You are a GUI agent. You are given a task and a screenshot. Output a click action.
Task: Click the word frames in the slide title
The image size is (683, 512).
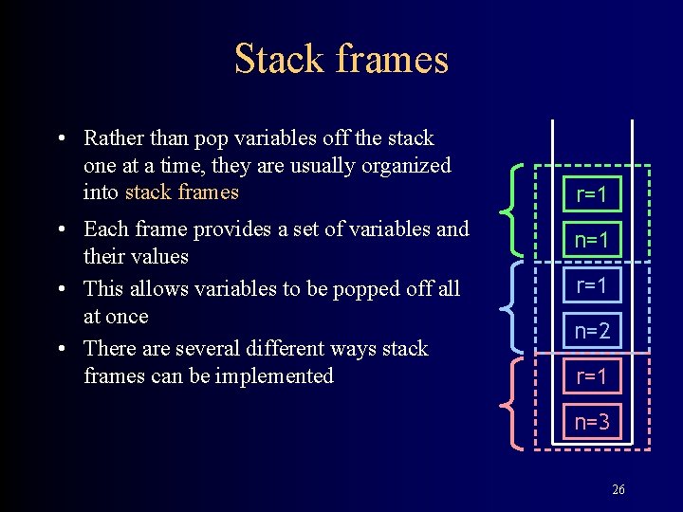click(x=391, y=59)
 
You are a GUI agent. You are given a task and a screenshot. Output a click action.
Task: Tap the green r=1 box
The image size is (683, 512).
click(x=591, y=195)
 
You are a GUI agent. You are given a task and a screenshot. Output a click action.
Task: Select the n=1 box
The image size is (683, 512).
click(x=591, y=240)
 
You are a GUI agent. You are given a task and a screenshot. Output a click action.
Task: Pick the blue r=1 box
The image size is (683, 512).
click(x=591, y=285)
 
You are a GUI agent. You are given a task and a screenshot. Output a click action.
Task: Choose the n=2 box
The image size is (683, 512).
click(x=591, y=331)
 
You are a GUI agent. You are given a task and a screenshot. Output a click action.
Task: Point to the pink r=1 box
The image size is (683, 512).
click(x=591, y=376)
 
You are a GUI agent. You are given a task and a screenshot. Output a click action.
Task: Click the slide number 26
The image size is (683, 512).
click(x=618, y=490)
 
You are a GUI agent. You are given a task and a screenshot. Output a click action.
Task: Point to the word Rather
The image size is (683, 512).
click(x=111, y=138)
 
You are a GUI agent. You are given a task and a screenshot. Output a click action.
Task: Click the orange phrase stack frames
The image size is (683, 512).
click(x=181, y=192)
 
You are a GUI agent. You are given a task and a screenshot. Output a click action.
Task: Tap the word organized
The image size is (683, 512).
click(x=408, y=166)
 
